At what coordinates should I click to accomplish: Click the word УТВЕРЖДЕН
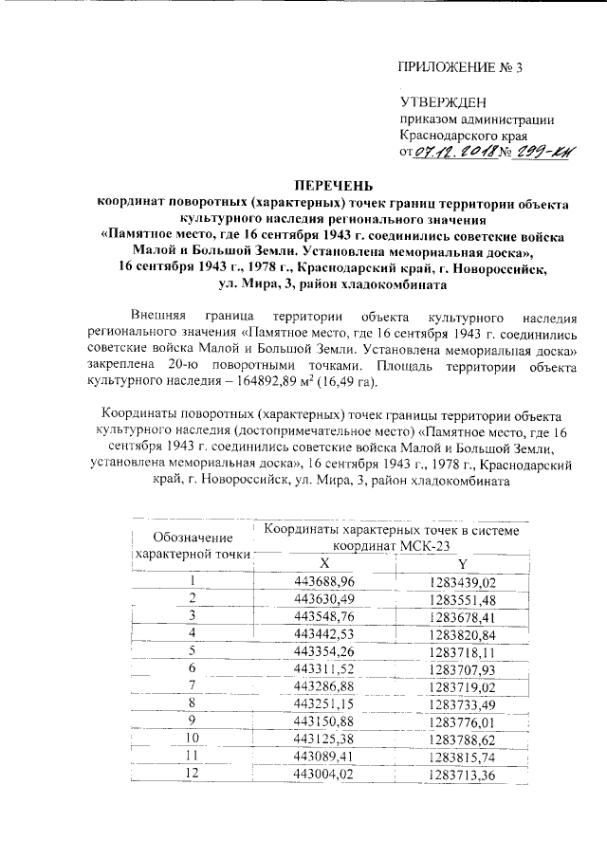(442, 102)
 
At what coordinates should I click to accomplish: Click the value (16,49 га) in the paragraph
(344, 382)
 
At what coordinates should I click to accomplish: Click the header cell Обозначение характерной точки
(193, 545)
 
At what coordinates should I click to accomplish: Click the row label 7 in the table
(193, 685)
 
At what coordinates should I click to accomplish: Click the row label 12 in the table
(193, 773)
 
